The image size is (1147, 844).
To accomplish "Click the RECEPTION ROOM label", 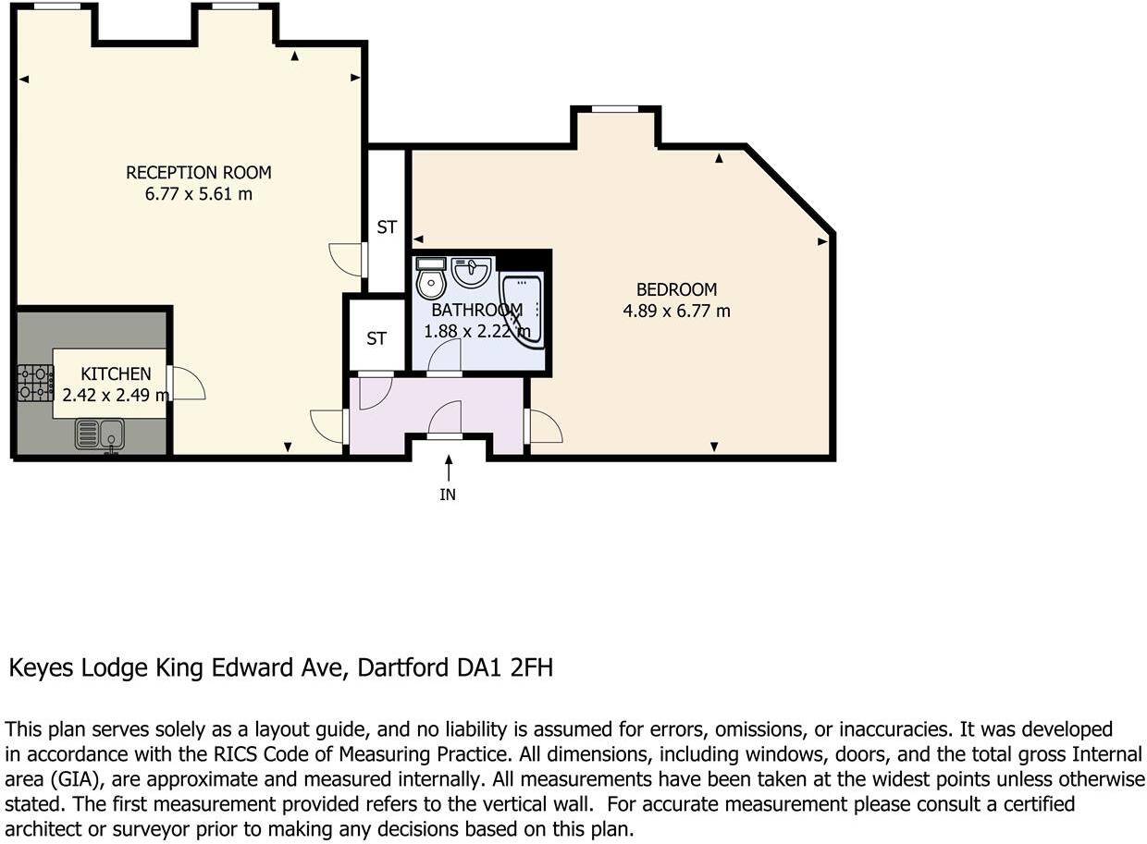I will click(199, 172).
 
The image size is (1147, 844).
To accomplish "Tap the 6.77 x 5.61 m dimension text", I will click(199, 194).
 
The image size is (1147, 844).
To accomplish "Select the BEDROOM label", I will click(676, 288).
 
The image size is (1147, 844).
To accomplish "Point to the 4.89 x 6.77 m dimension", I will click(676, 312).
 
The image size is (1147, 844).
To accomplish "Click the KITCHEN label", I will click(116, 373).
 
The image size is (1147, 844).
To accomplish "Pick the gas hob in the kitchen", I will click(35, 383).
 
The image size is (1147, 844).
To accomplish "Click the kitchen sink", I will click(100, 433).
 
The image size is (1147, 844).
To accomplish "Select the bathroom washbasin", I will click(471, 272).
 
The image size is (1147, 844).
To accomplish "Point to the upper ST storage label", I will click(387, 226).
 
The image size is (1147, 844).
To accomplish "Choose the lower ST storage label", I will click(376, 339).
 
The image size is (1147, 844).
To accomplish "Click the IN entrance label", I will click(448, 495).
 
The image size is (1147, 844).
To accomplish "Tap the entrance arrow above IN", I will click(449, 467).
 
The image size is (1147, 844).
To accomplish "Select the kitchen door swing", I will click(187, 383).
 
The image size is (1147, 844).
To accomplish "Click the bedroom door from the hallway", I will click(542, 426).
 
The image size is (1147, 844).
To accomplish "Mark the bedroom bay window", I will click(615, 110).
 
